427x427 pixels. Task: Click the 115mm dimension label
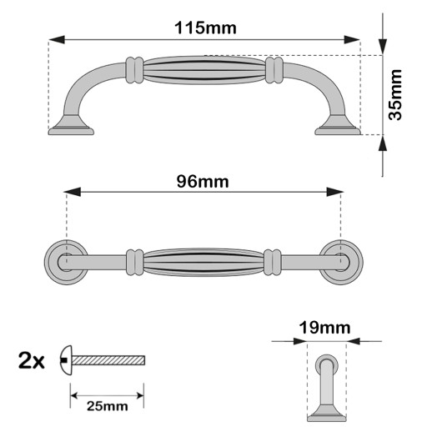(x=205, y=28)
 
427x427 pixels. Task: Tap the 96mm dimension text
(x=203, y=182)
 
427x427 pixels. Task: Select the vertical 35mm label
(x=395, y=95)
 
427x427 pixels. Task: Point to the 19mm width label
(x=324, y=328)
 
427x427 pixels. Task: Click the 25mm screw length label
(x=108, y=406)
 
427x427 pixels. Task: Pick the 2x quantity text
(x=32, y=360)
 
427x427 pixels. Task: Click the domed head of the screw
(x=66, y=360)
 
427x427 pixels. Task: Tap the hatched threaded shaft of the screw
(x=108, y=360)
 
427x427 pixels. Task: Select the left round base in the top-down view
(x=66, y=262)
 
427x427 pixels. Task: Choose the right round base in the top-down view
(x=341, y=262)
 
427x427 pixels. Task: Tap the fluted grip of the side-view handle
(x=204, y=70)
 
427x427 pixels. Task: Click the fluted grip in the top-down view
(x=203, y=262)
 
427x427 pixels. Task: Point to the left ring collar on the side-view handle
(x=134, y=70)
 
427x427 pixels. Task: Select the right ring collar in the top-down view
(x=273, y=262)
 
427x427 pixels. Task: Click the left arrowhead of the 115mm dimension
(x=57, y=40)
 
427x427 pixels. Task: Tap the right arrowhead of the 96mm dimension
(x=335, y=192)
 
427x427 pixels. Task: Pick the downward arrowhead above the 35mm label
(x=383, y=47)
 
